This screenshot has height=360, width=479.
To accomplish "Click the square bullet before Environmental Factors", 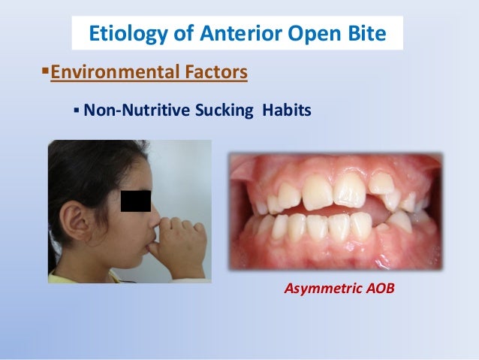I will (43, 74).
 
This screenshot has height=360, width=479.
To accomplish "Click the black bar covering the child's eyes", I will (136, 201).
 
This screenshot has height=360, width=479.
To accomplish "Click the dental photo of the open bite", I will (334, 210).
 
